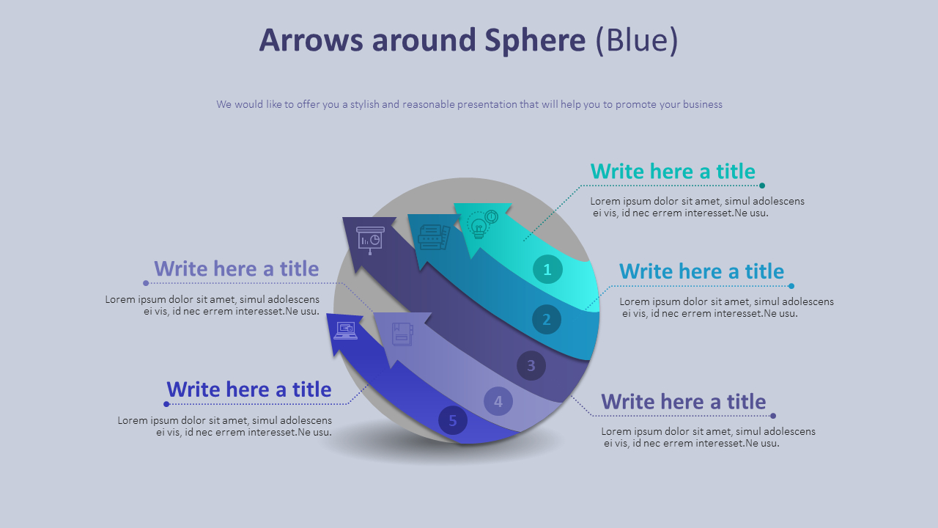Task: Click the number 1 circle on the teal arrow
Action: coord(547,269)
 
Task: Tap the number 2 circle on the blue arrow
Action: coord(546,320)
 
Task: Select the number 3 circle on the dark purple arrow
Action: coord(531,365)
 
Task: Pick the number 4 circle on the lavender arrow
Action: coord(498,401)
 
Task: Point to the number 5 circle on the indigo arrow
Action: coord(453,420)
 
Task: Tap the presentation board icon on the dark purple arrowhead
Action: coord(370,240)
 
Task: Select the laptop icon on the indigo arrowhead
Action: coord(345,331)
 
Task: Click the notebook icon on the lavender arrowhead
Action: coord(402,334)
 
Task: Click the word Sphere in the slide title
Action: coord(535,40)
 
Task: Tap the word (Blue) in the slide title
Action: coord(636,40)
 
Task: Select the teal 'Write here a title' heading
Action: coord(673,171)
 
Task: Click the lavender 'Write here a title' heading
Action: coord(236,268)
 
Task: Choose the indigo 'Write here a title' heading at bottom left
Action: coord(248,389)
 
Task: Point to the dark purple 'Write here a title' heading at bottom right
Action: coord(683,401)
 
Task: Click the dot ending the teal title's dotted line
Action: coord(762,186)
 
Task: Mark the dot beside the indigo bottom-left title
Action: coord(166,404)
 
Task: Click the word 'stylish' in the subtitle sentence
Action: coord(364,104)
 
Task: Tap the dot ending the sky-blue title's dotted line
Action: coord(791,286)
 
